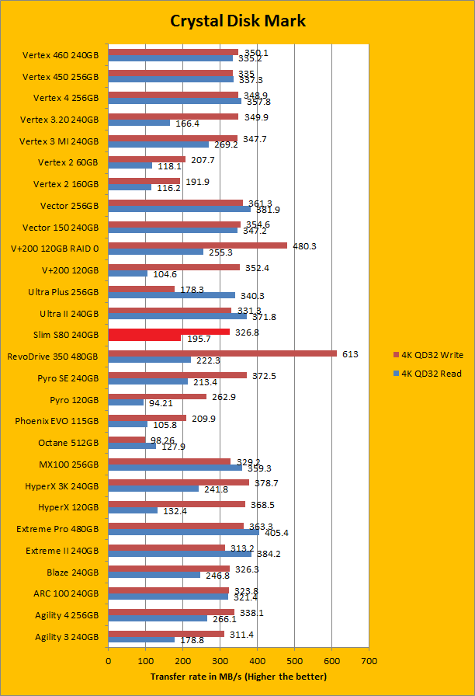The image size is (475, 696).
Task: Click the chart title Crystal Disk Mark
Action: click(237, 21)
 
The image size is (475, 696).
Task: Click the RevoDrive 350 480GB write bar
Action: click(222, 353)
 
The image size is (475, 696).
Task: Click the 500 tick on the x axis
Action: click(294, 661)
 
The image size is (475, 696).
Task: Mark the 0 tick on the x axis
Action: click(109, 661)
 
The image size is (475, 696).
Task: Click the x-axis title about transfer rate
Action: click(237, 676)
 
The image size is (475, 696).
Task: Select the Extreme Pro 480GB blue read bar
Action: click(184, 532)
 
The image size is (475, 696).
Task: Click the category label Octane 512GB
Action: click(68, 442)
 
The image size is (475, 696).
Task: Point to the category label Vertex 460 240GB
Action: click(61, 56)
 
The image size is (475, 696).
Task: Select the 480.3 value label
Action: click(304, 246)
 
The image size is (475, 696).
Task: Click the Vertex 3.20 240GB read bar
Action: click(140, 123)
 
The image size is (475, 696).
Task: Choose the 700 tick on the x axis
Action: click(369, 661)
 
